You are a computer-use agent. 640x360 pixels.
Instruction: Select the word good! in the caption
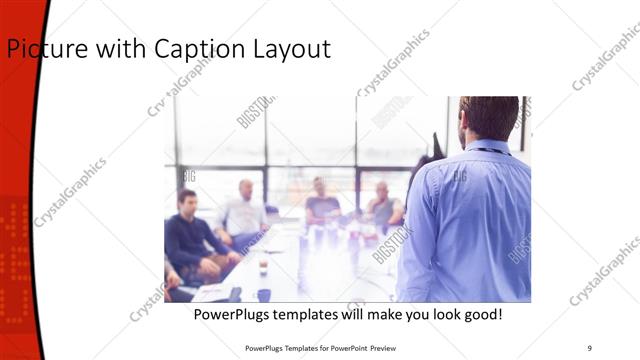(479, 315)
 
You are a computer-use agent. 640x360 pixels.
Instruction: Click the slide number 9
(589, 348)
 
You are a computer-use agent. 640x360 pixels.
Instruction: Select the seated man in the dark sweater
(190, 235)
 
